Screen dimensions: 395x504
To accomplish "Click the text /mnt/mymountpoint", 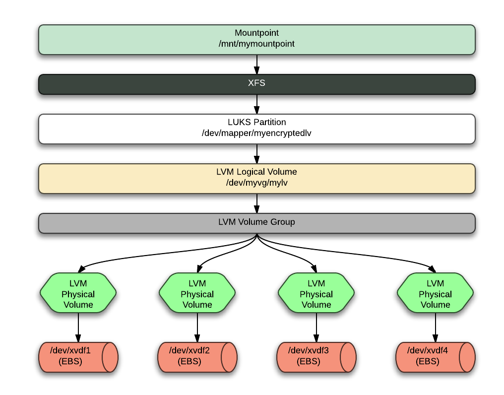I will (x=256, y=44).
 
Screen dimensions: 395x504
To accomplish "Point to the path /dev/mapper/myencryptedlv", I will (x=256, y=133).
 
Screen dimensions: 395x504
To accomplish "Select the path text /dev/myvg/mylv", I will (x=256, y=183).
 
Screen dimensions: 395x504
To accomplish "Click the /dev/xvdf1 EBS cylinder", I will (x=78, y=356).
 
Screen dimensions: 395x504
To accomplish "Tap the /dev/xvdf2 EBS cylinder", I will (x=197, y=356).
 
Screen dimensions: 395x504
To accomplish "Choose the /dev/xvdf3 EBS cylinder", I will (x=316, y=356).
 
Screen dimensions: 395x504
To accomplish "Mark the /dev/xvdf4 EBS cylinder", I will (x=435, y=356).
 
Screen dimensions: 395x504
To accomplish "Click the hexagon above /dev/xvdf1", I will (x=78, y=293).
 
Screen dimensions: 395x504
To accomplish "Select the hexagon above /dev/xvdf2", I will (x=197, y=293).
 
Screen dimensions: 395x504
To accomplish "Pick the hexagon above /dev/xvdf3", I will (x=316, y=293).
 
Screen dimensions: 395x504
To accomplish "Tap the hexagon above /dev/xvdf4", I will (x=435, y=293).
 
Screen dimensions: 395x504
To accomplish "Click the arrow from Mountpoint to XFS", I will (x=256, y=64).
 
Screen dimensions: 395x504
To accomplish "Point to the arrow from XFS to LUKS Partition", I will (x=256, y=104).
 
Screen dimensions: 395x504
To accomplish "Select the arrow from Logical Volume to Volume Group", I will (x=256, y=203).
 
